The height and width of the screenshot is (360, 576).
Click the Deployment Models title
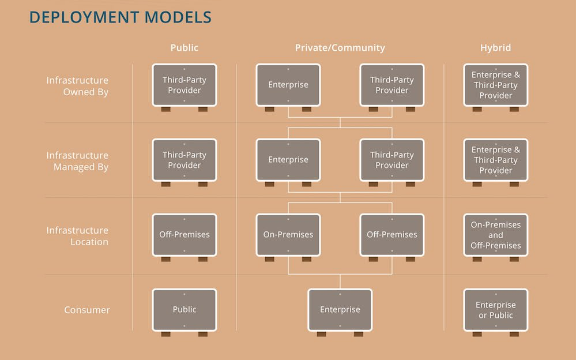120,17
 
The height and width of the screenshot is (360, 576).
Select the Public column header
184,48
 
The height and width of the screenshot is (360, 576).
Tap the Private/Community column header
340,48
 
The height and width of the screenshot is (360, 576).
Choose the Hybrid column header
495,48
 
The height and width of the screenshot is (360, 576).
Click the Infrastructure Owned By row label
77,86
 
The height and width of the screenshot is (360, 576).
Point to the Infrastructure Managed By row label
77,161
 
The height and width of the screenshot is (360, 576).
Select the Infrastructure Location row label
77,236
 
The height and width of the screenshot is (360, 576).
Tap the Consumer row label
87,310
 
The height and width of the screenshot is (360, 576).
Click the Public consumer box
185,310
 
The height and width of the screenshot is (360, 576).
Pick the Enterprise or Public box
496,310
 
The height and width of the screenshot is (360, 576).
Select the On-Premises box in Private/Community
288,235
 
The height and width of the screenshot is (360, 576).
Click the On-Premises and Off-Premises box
496,235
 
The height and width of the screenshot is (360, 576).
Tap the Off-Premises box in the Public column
185,235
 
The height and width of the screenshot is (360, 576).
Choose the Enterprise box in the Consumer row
340,310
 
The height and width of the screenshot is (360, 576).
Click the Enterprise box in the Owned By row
288,85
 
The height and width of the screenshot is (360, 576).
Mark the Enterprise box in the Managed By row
288,160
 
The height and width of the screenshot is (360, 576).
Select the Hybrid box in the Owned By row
496,85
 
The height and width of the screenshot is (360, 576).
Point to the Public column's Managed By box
185,160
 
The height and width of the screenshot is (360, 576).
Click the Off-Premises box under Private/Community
392,235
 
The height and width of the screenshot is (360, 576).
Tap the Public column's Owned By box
185,85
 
